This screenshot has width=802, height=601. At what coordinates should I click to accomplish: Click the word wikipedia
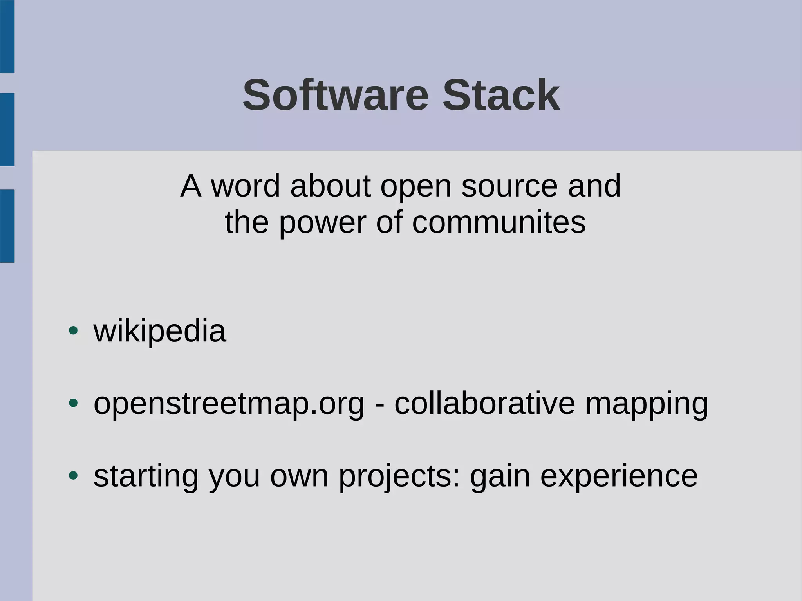click(160, 332)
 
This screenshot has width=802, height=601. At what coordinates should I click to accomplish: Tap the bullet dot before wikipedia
click(73, 330)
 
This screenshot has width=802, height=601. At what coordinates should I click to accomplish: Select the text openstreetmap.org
click(229, 404)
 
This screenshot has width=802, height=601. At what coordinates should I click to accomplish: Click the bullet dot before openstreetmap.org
click(73, 403)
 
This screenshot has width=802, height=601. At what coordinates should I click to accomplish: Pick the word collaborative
click(484, 403)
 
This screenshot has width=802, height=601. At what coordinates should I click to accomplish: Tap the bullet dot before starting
click(73, 475)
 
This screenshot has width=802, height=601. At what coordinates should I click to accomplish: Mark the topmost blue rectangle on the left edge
click(7, 36)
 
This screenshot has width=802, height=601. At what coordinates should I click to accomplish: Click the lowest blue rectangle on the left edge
click(7, 226)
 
